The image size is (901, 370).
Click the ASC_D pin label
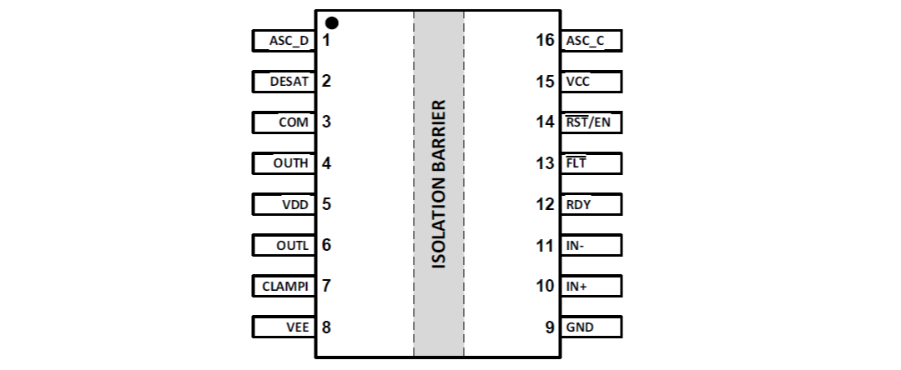coord(288,40)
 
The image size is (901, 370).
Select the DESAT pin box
coord(284,81)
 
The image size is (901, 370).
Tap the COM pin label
coord(293,122)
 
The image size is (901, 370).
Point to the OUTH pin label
coord(290,163)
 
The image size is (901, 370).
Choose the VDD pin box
coord(284,204)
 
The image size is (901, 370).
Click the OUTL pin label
coord(292,245)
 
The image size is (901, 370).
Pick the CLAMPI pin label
coord(284,286)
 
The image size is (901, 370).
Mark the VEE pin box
coord(284,327)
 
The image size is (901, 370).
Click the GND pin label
coord(580,327)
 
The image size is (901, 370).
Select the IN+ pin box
coord(591,286)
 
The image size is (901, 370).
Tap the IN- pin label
coord(576,245)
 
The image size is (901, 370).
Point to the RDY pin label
coord(578,204)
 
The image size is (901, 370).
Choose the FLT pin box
coord(591,163)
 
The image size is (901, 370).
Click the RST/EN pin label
coord(588,122)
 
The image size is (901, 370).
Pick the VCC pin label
coord(577,82)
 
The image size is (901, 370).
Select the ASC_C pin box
coord(591,40)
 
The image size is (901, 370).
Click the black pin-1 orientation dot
coord(332,22)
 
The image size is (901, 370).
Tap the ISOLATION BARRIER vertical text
coord(439,184)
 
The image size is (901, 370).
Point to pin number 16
coord(545,40)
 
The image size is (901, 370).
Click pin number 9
coord(550,327)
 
